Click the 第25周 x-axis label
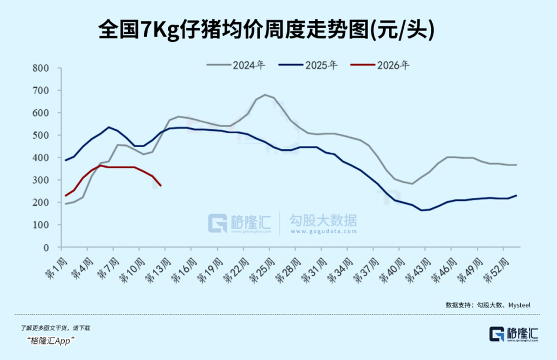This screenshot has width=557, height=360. [x=262, y=264]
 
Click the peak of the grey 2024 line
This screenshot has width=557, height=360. [x=265, y=95]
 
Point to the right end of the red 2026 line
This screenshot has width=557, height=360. [x=161, y=186]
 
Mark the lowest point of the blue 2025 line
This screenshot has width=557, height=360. [x=422, y=210]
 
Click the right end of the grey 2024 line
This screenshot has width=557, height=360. [x=516, y=165]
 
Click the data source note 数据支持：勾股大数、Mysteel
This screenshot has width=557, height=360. [x=488, y=305]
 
